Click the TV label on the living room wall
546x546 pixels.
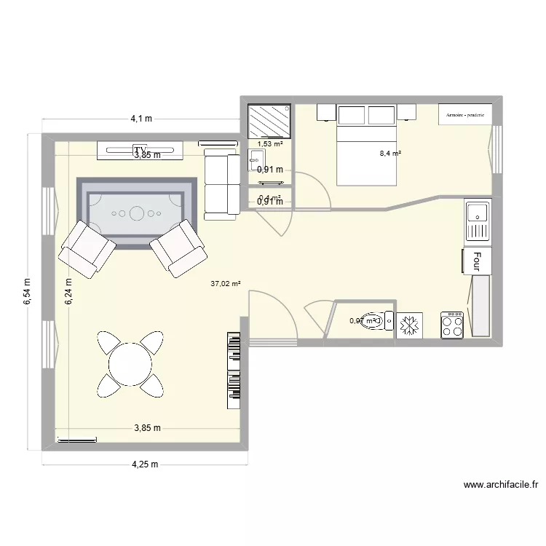[140, 150]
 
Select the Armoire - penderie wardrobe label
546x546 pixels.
[465, 114]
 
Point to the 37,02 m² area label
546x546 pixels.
[226, 285]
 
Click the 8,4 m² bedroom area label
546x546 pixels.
[390, 154]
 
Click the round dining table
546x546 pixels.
[130, 363]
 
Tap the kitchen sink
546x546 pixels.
[478, 222]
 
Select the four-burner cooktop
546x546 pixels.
[452, 324]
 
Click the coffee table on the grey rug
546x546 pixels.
[136, 213]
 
